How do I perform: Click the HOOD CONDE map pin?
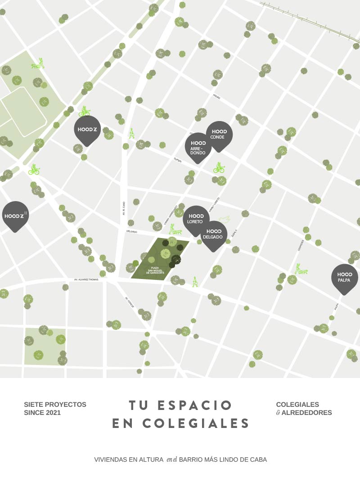219,135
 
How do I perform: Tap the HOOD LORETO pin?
196,219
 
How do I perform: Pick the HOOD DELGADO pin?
213,234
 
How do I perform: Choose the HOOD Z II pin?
15,216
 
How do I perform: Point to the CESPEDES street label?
301,245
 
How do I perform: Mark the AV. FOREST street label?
130,301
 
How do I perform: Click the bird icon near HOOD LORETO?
225,220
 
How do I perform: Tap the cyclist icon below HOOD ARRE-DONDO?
219,168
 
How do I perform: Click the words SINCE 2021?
42,412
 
